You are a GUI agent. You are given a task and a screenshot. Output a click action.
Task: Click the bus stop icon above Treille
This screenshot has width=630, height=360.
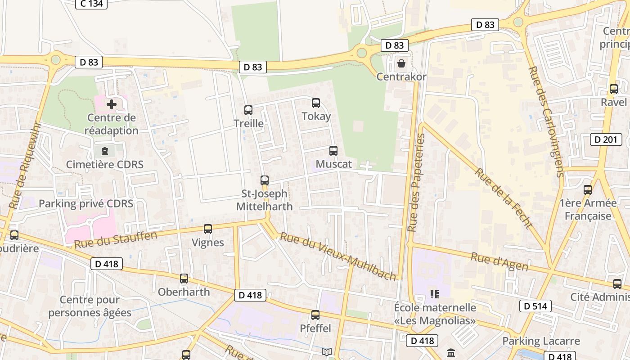tap(248, 110)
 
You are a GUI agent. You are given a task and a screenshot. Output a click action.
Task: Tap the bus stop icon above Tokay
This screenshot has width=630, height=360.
tap(316, 103)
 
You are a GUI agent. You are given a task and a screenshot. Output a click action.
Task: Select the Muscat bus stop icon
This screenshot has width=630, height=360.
tap(333, 151)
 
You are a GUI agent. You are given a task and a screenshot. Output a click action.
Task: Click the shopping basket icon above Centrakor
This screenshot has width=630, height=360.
tap(401, 63)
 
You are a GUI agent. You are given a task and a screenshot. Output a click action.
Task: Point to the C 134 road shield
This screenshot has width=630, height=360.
tap(91, 4)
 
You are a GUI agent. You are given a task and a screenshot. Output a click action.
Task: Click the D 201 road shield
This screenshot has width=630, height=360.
tap(606, 139)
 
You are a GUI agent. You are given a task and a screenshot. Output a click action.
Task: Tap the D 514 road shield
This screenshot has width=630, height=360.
tap(535, 306)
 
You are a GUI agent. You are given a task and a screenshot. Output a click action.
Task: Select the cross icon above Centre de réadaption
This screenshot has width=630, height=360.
tap(112, 105)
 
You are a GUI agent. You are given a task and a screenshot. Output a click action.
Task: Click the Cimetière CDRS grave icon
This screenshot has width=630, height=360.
tap(105, 151)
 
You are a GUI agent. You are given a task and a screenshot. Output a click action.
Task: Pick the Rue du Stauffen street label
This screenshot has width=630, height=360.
tap(116, 240)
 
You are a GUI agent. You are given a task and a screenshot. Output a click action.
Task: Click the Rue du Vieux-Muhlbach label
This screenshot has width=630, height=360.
tap(338, 256)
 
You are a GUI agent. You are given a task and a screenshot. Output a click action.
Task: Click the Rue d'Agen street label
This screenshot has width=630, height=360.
tap(499, 261)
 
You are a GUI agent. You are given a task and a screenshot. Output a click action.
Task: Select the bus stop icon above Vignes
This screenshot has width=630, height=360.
tap(208, 229)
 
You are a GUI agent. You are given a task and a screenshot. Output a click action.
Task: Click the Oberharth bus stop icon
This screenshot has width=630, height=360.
tap(184, 279)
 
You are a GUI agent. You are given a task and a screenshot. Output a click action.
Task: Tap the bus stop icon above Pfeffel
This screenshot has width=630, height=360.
tap(315, 315)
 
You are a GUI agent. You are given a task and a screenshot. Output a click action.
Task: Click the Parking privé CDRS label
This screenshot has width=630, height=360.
tap(86, 204)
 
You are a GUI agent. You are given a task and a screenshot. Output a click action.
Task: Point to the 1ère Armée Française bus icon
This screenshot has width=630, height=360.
tap(588, 190)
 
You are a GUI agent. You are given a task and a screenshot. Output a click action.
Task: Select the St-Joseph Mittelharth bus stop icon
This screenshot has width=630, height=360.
tap(265, 180)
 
